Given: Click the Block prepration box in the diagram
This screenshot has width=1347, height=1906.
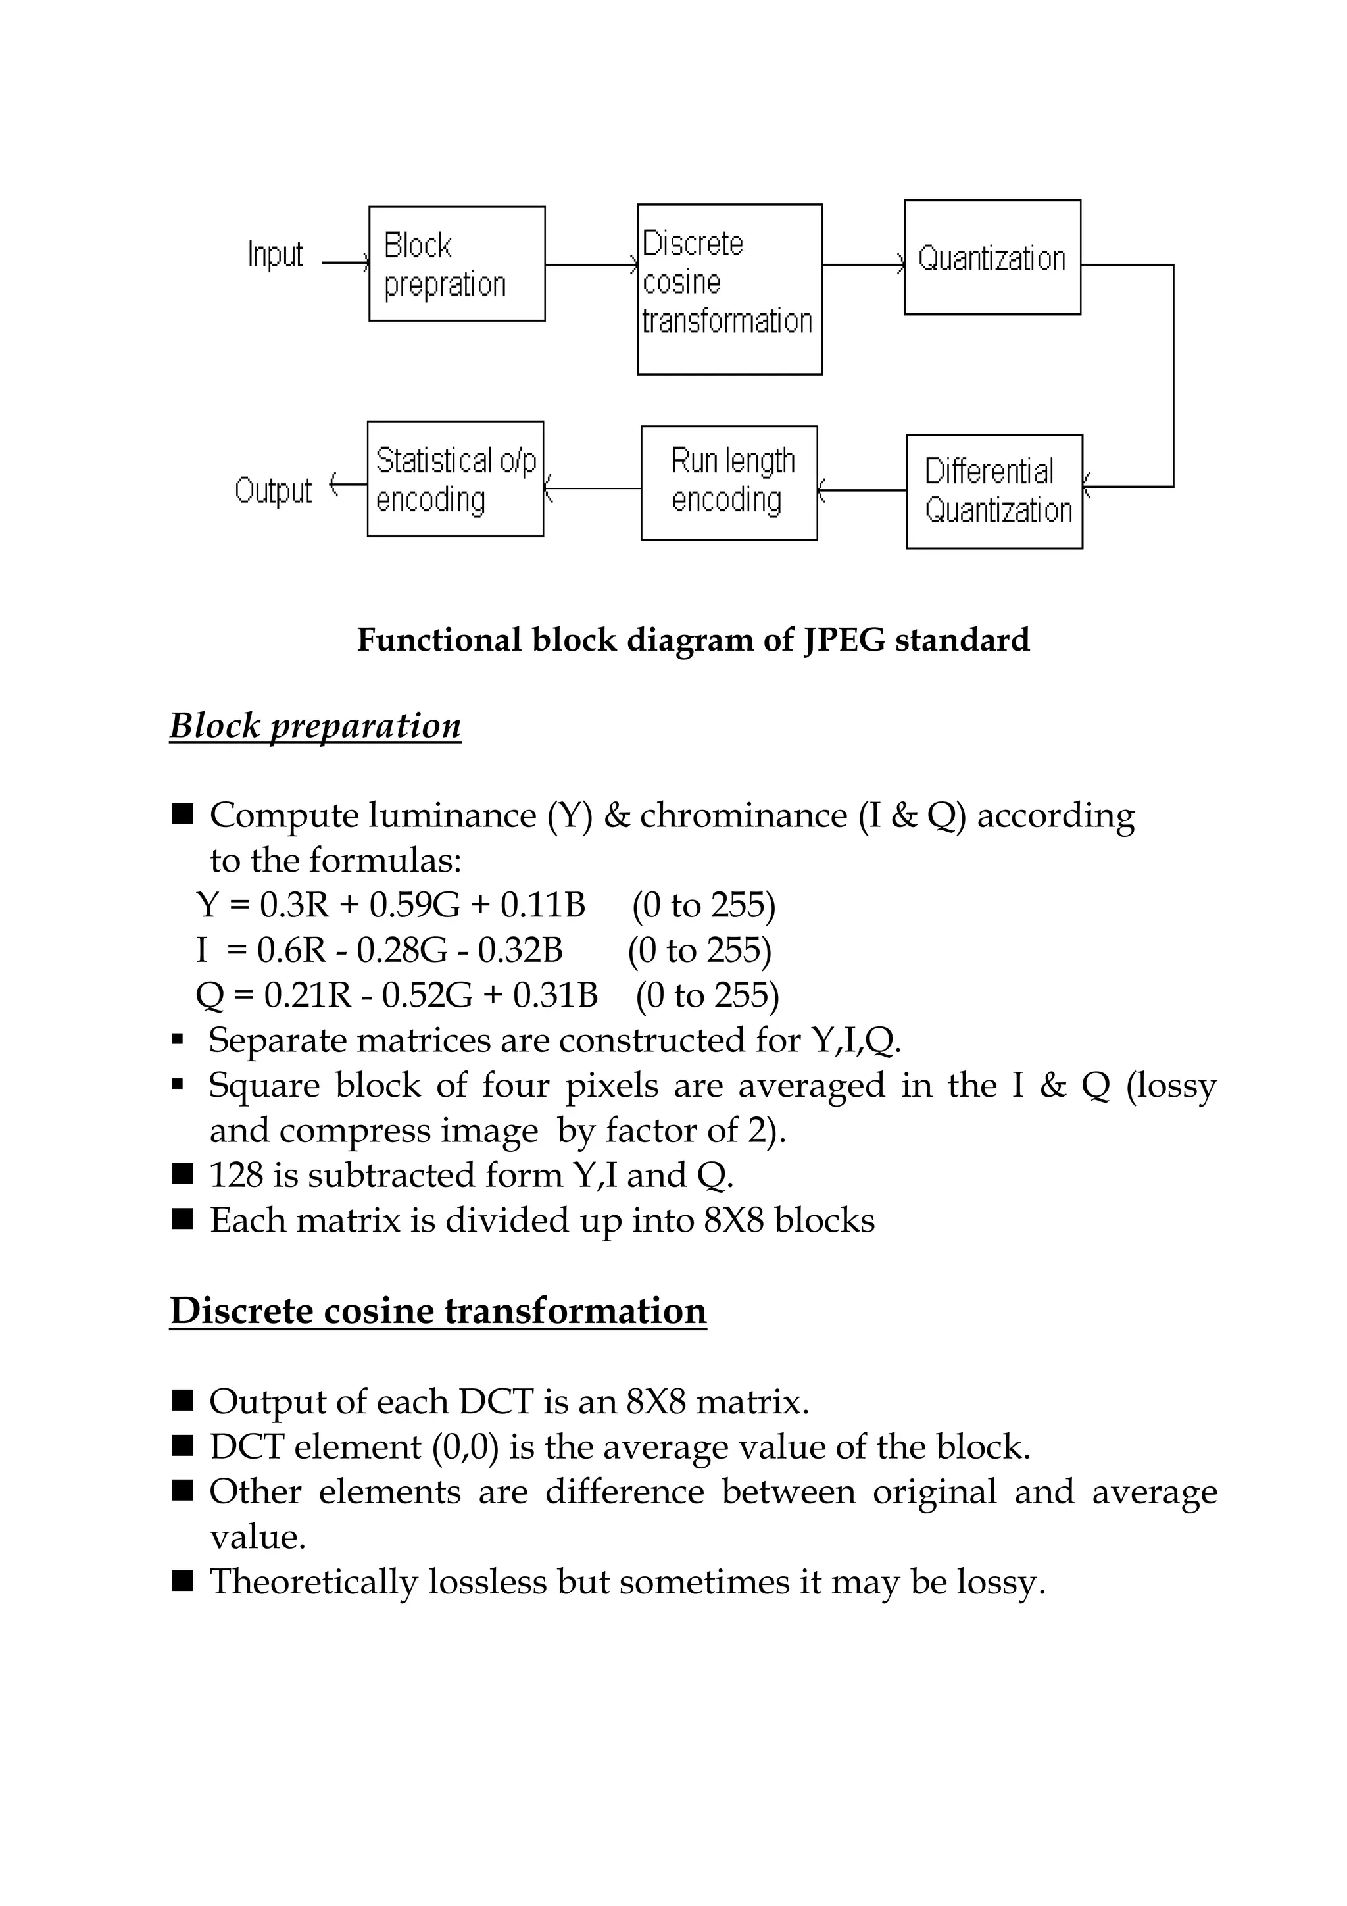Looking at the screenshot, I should (x=456, y=264).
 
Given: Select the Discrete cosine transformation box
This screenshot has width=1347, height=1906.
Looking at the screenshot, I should (x=729, y=289).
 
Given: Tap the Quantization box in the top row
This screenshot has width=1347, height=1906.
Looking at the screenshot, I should (x=992, y=257).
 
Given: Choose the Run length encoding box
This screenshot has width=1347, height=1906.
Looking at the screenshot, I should (x=729, y=483).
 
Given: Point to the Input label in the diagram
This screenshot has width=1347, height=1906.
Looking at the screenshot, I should (x=275, y=254).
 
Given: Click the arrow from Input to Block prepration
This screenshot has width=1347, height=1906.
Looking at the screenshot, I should (x=345, y=263).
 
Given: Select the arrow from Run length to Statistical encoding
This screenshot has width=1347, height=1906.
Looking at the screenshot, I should (x=593, y=488).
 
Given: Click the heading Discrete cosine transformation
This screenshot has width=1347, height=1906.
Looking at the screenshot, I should (x=437, y=1311).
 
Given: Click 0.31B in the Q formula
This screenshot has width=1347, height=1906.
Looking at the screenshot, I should (x=554, y=995).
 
